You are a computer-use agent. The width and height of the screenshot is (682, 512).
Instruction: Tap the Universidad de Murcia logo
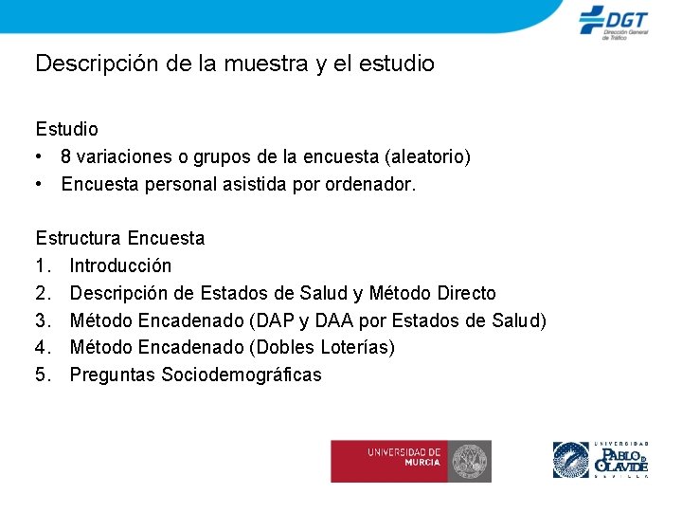[410, 461]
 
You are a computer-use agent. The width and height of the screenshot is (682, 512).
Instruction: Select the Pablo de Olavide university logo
[600, 460]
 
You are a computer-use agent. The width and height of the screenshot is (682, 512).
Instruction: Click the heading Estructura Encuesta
[120, 238]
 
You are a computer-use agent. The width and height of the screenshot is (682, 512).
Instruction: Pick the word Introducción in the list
[120, 265]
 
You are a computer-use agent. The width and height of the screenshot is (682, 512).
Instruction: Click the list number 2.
[43, 293]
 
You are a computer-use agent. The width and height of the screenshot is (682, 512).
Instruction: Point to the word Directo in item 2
[462, 293]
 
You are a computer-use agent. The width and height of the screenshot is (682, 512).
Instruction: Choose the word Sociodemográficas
[242, 375]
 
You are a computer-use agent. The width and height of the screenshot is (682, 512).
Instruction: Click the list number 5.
[43, 375]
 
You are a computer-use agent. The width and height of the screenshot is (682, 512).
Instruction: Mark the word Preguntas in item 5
[113, 375]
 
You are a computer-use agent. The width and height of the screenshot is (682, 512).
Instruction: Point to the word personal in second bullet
[175, 184]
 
